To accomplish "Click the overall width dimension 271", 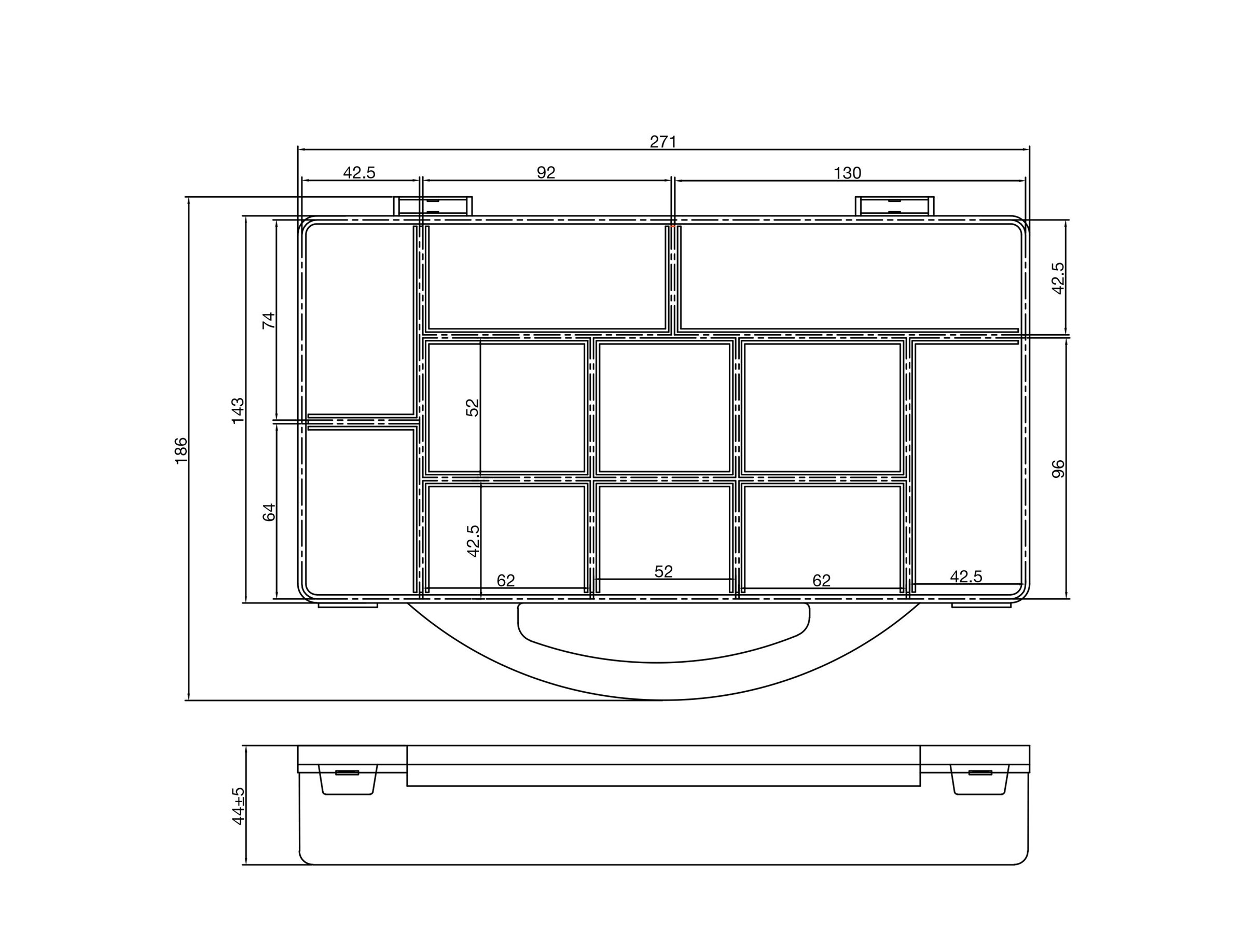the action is coord(663,142).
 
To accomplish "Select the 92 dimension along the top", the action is coord(546,173).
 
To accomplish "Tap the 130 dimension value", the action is coord(847,173).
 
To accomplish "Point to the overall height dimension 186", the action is coord(181,450).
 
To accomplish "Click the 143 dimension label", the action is coord(238,410).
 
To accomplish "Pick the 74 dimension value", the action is coord(270,320).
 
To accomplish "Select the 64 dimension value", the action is coord(270,512).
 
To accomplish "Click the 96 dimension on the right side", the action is coord(1059,469).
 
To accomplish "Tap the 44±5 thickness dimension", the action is coord(239,807).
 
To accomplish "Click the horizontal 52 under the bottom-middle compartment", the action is coord(663,572).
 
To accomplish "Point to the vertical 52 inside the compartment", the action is coord(473,408).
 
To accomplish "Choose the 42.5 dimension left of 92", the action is coord(359,173).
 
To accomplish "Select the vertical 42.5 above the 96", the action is coord(1058,278).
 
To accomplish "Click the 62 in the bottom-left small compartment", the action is coord(505,581).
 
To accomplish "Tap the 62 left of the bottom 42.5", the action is coord(821,581).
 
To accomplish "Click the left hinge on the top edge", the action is coord(433,206).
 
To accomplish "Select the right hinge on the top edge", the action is coord(895,206).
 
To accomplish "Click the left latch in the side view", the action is coord(347,780).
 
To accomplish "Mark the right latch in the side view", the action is coord(980,780).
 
